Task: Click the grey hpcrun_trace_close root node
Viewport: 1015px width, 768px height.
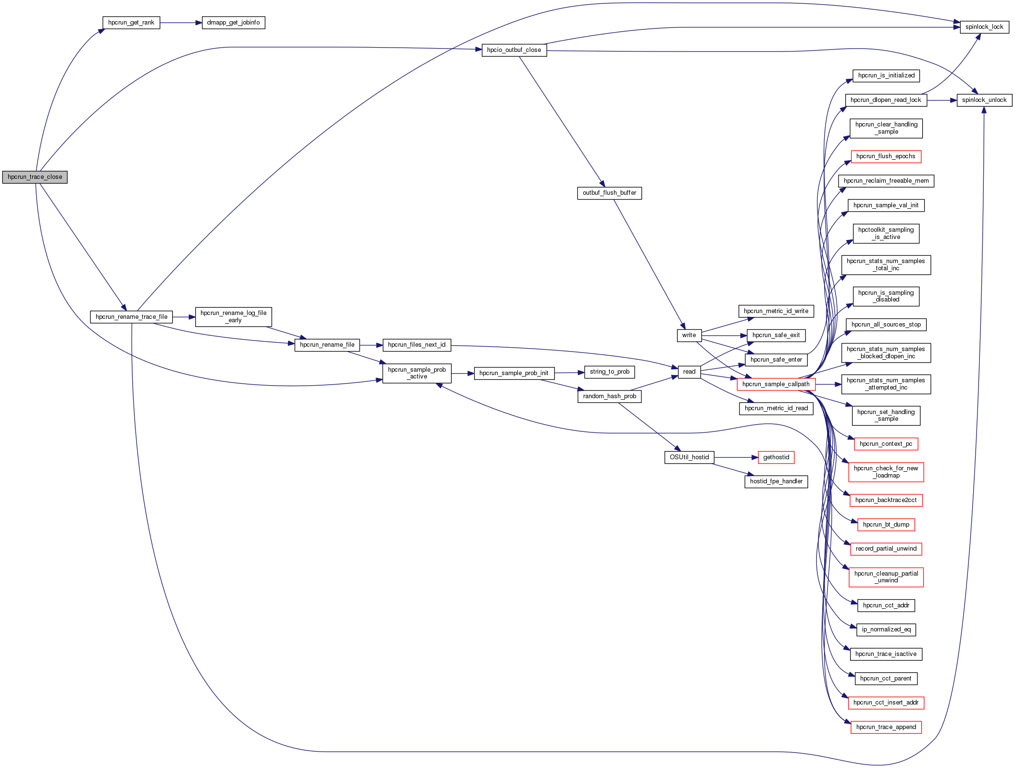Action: point(35,177)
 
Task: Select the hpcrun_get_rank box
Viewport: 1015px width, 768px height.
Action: point(131,23)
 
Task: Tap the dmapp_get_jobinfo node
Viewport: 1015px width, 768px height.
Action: point(233,23)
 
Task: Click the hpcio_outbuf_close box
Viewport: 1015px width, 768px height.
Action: point(514,50)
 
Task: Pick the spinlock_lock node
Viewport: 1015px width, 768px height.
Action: point(984,27)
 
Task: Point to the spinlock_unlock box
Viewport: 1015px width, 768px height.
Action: point(984,100)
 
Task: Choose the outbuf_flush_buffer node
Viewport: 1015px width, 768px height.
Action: point(609,193)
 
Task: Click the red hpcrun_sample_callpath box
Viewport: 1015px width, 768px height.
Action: point(776,384)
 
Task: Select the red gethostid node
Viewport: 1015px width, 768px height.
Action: point(776,457)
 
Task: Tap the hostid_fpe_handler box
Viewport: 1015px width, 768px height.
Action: point(776,481)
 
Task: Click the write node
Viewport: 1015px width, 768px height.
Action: point(689,335)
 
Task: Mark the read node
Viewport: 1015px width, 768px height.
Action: point(689,372)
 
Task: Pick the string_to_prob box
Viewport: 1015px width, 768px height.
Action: point(609,372)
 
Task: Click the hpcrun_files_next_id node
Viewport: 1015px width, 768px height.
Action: point(416,345)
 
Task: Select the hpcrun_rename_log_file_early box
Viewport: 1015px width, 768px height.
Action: point(233,316)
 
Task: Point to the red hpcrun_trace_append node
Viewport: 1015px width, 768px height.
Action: point(886,727)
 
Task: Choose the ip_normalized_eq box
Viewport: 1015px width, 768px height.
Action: point(886,630)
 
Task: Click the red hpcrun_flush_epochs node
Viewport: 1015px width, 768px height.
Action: point(886,156)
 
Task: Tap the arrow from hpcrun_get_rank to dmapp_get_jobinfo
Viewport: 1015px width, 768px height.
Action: point(181,23)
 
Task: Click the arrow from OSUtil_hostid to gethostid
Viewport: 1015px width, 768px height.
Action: point(736,457)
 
